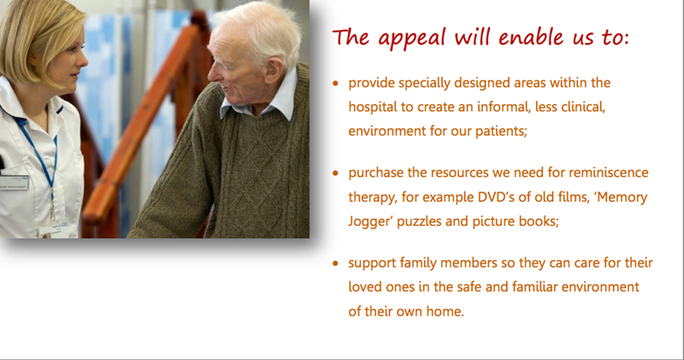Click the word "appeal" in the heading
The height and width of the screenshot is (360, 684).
pos(412,38)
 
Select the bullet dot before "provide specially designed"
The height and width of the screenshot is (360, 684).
pos(335,83)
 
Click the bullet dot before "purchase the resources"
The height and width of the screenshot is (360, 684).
pos(335,174)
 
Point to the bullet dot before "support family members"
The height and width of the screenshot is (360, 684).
pos(335,263)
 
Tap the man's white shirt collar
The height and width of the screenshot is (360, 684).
pos(262,102)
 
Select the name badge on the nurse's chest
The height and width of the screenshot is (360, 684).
pos(14,182)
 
